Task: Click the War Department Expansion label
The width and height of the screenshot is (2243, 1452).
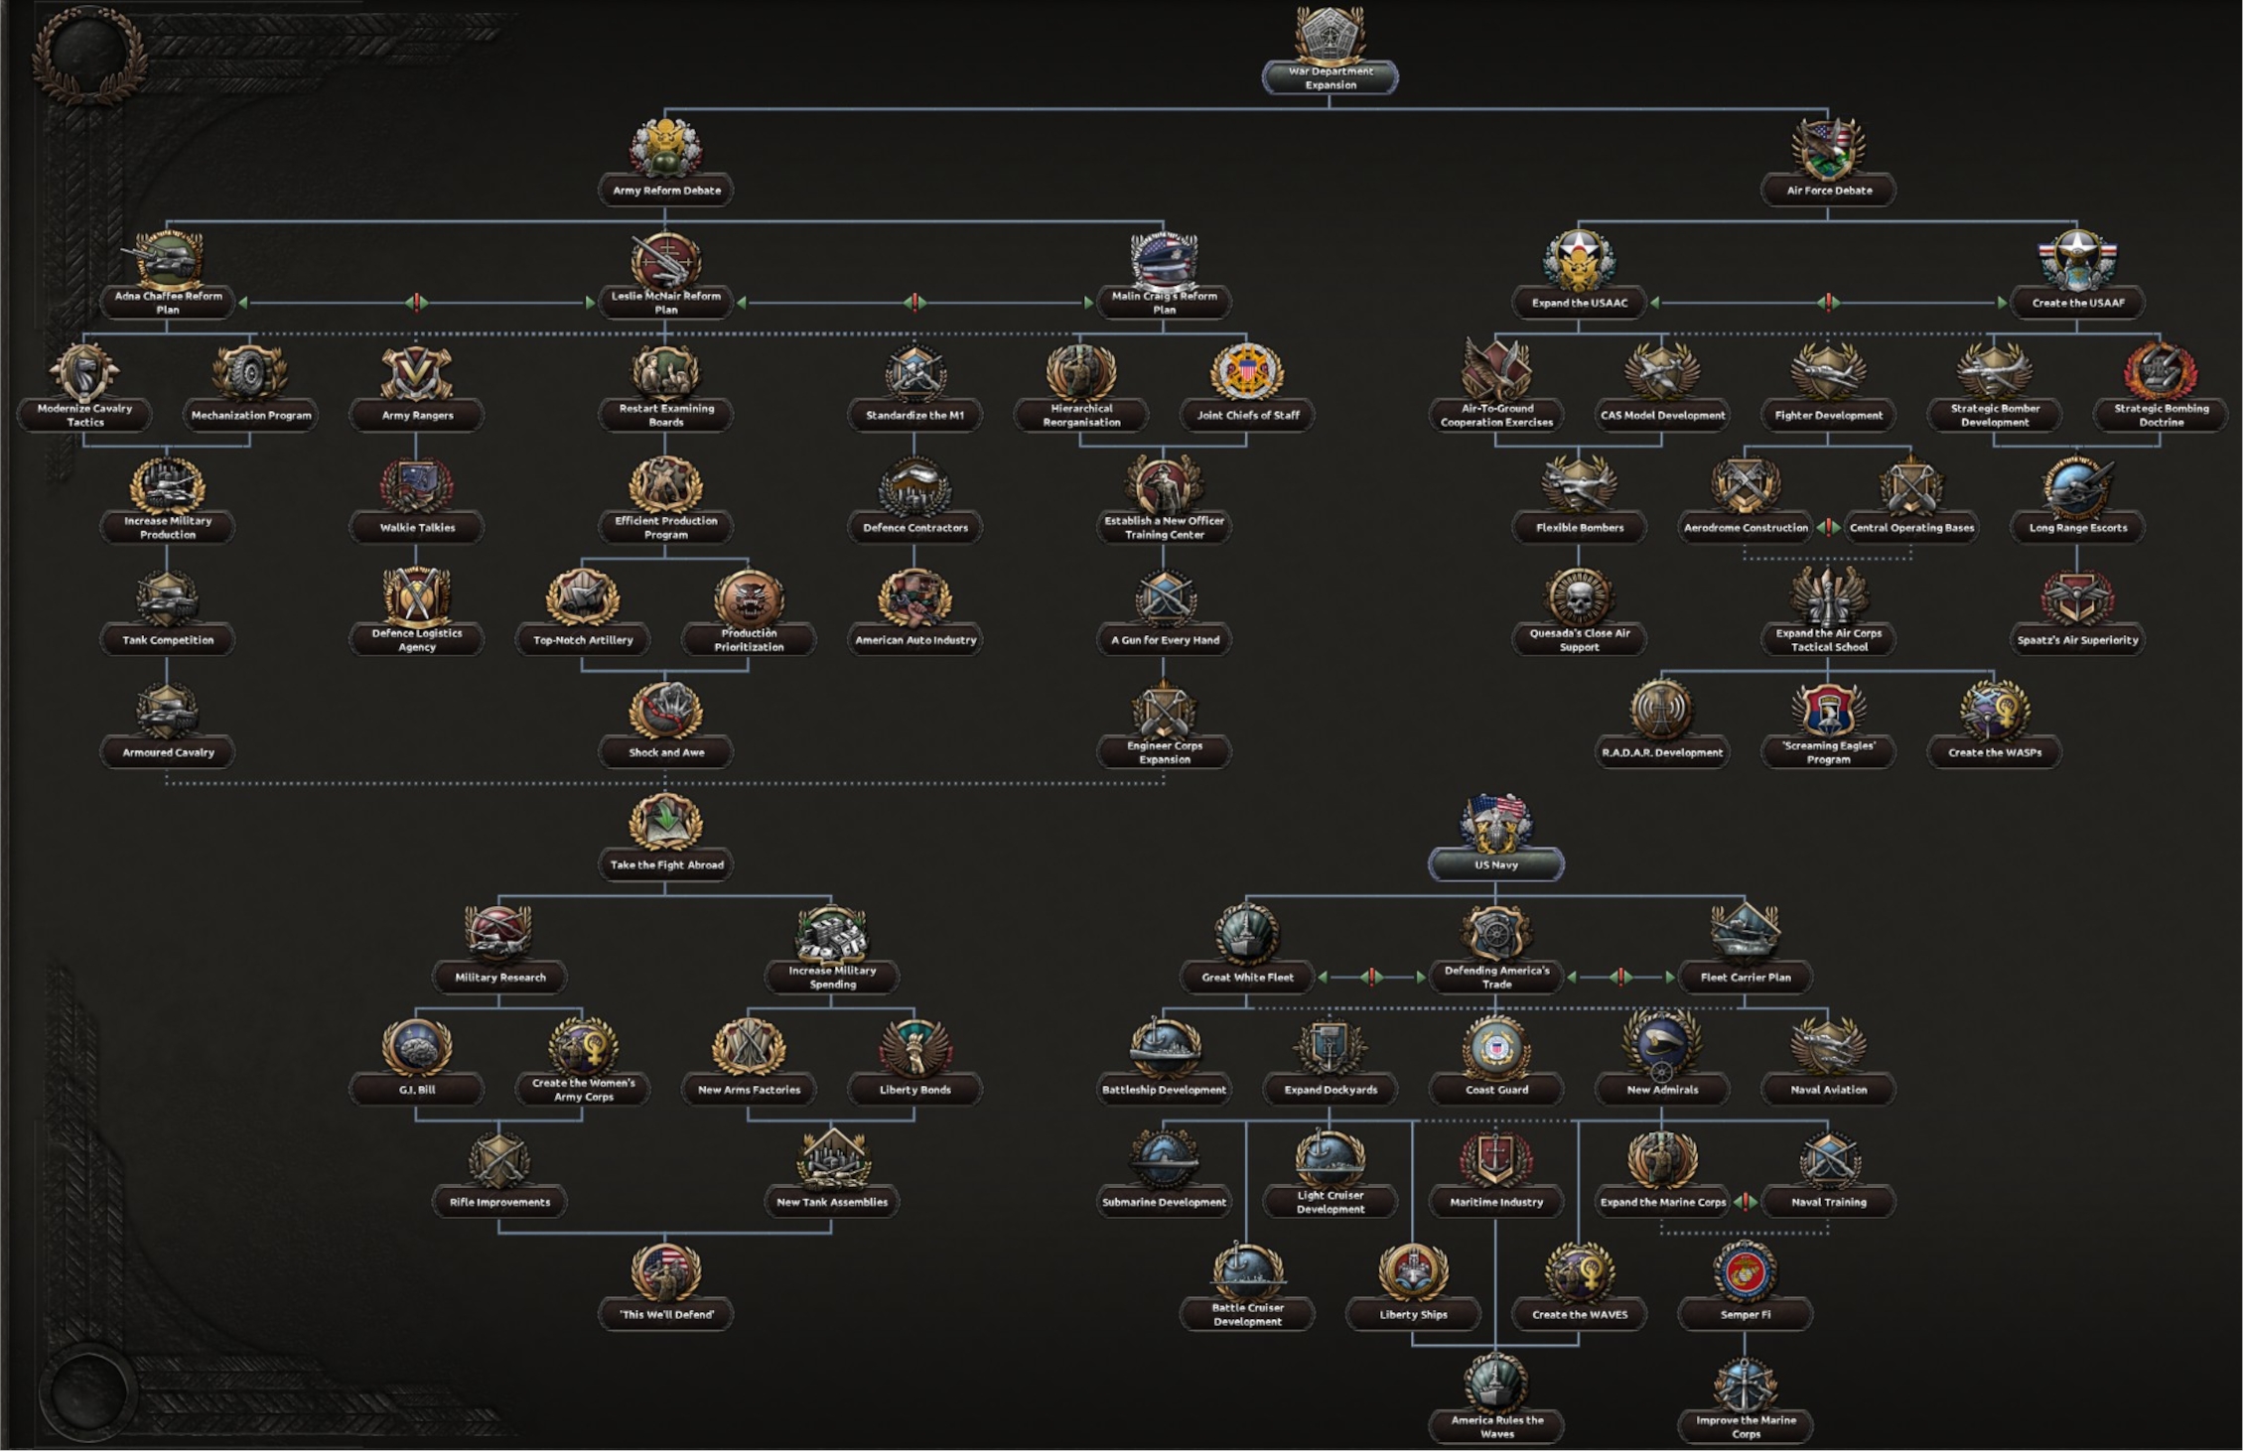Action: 1330,77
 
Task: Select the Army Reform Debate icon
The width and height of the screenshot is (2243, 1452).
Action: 666,148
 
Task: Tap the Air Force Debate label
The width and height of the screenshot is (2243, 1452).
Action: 1828,191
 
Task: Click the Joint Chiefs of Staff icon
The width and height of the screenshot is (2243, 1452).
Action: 1247,371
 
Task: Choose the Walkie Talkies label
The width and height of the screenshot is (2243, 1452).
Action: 417,527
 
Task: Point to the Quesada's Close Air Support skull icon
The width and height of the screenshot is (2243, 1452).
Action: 1579,596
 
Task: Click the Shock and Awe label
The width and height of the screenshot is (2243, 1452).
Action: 666,752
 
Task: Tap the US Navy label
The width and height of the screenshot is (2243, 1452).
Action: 1495,864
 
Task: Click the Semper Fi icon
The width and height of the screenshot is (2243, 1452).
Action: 1745,1271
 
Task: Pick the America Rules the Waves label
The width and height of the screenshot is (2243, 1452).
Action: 1496,1426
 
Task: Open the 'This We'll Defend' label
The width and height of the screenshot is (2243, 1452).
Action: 666,1314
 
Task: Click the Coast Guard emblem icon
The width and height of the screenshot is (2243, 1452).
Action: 1495,1047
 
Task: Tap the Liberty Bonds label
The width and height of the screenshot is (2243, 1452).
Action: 914,1090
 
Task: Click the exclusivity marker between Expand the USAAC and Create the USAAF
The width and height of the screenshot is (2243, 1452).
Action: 1828,303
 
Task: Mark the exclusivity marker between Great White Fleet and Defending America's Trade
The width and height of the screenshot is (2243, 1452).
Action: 1371,978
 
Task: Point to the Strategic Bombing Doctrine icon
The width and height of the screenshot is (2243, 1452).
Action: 2161,371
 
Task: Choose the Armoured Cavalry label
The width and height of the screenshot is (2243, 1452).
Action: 168,752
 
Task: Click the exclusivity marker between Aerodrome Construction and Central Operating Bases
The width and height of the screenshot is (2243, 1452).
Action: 1828,528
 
